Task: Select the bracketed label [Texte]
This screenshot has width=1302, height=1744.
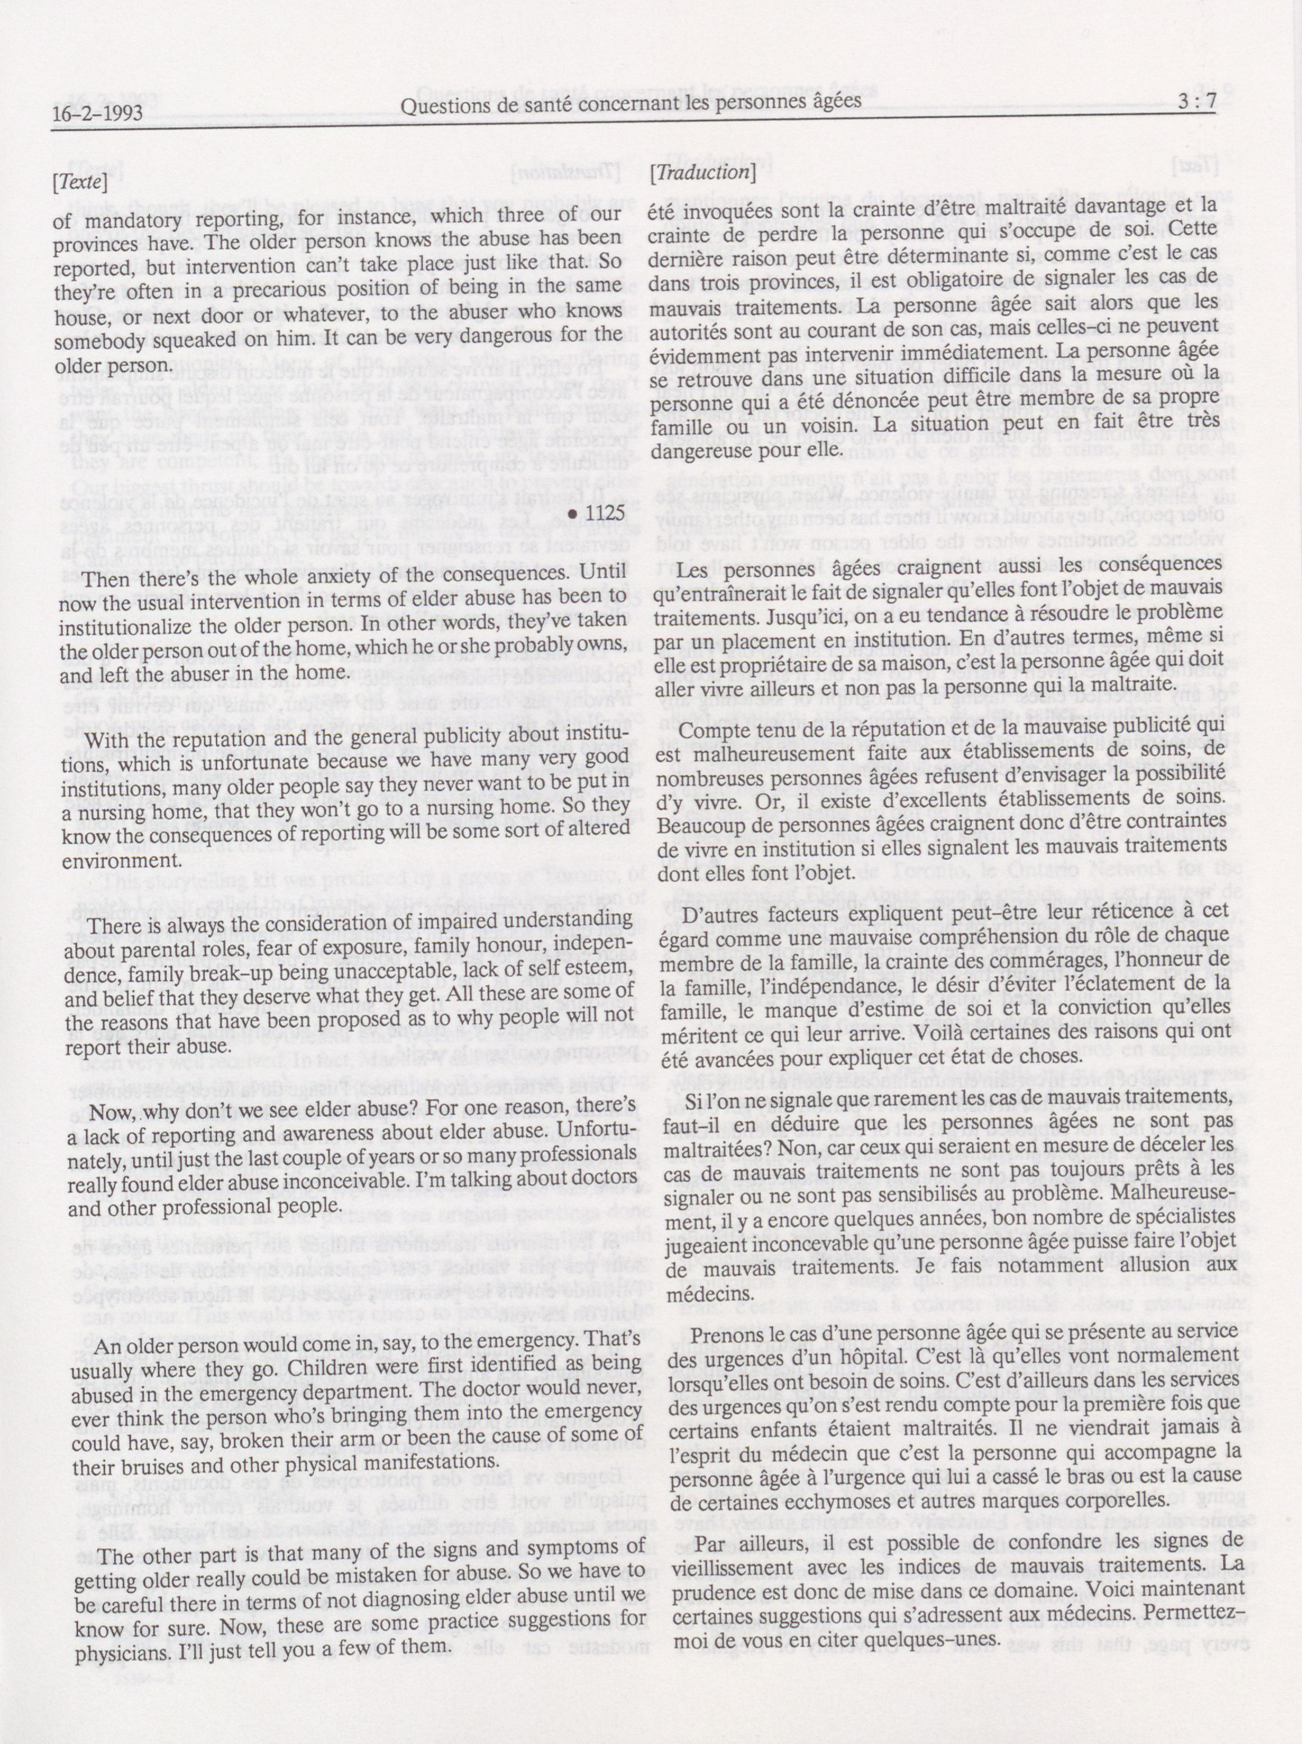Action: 79,183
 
